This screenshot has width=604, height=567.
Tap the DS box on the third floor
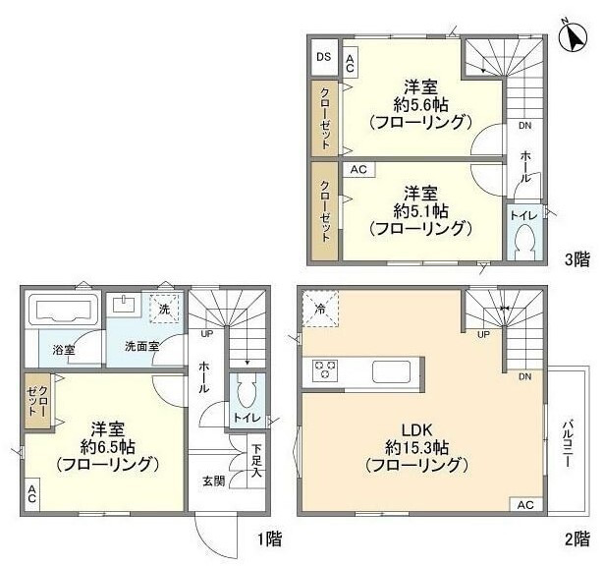323,57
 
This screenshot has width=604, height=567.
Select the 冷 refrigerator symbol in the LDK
320,307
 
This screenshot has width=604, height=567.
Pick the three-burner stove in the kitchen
326,370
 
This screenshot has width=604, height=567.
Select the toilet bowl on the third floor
523,240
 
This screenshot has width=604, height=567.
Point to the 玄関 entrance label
214,481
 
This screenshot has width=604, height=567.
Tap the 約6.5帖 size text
106,446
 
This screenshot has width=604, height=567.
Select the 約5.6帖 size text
423,103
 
